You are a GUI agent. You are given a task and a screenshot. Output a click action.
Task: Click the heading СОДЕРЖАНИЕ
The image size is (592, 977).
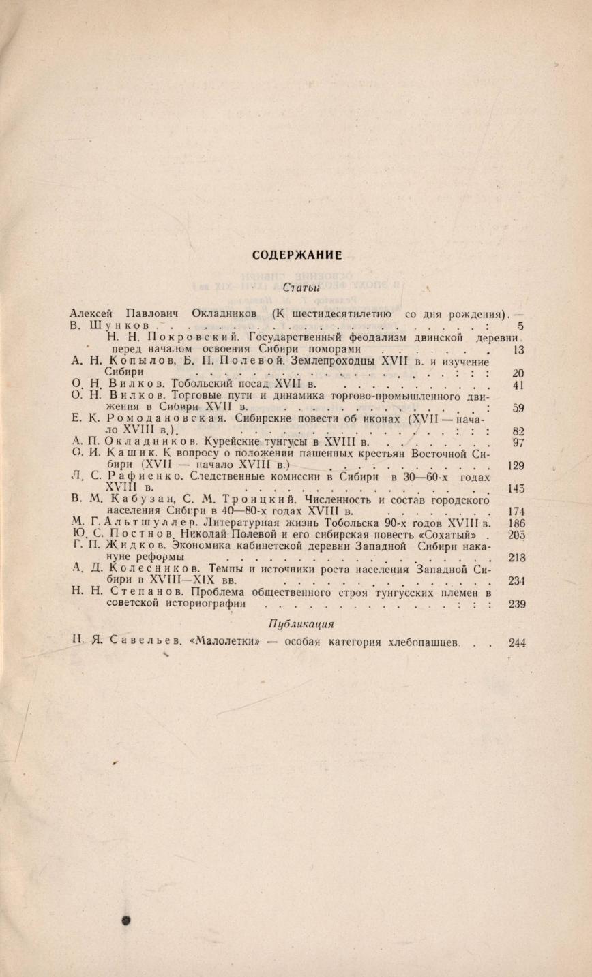(297, 255)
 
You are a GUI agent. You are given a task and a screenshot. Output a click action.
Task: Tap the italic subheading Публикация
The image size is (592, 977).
(301, 623)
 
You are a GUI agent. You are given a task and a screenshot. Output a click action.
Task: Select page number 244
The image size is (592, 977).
(517, 642)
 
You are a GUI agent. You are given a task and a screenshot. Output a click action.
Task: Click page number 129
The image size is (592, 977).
(516, 465)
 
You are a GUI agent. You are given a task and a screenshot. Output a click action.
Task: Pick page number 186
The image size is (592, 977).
(517, 523)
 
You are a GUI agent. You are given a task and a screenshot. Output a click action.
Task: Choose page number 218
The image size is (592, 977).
(517, 557)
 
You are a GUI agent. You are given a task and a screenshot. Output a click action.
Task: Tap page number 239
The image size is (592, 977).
(517, 604)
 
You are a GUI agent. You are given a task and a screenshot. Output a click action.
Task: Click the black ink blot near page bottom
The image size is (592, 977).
(125, 920)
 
